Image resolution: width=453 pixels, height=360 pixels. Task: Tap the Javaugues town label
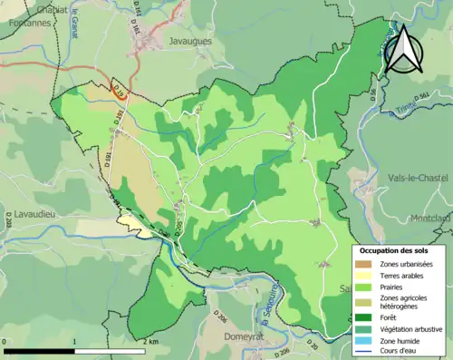point(191,41)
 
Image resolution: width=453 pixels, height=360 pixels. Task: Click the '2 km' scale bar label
point(152,342)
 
